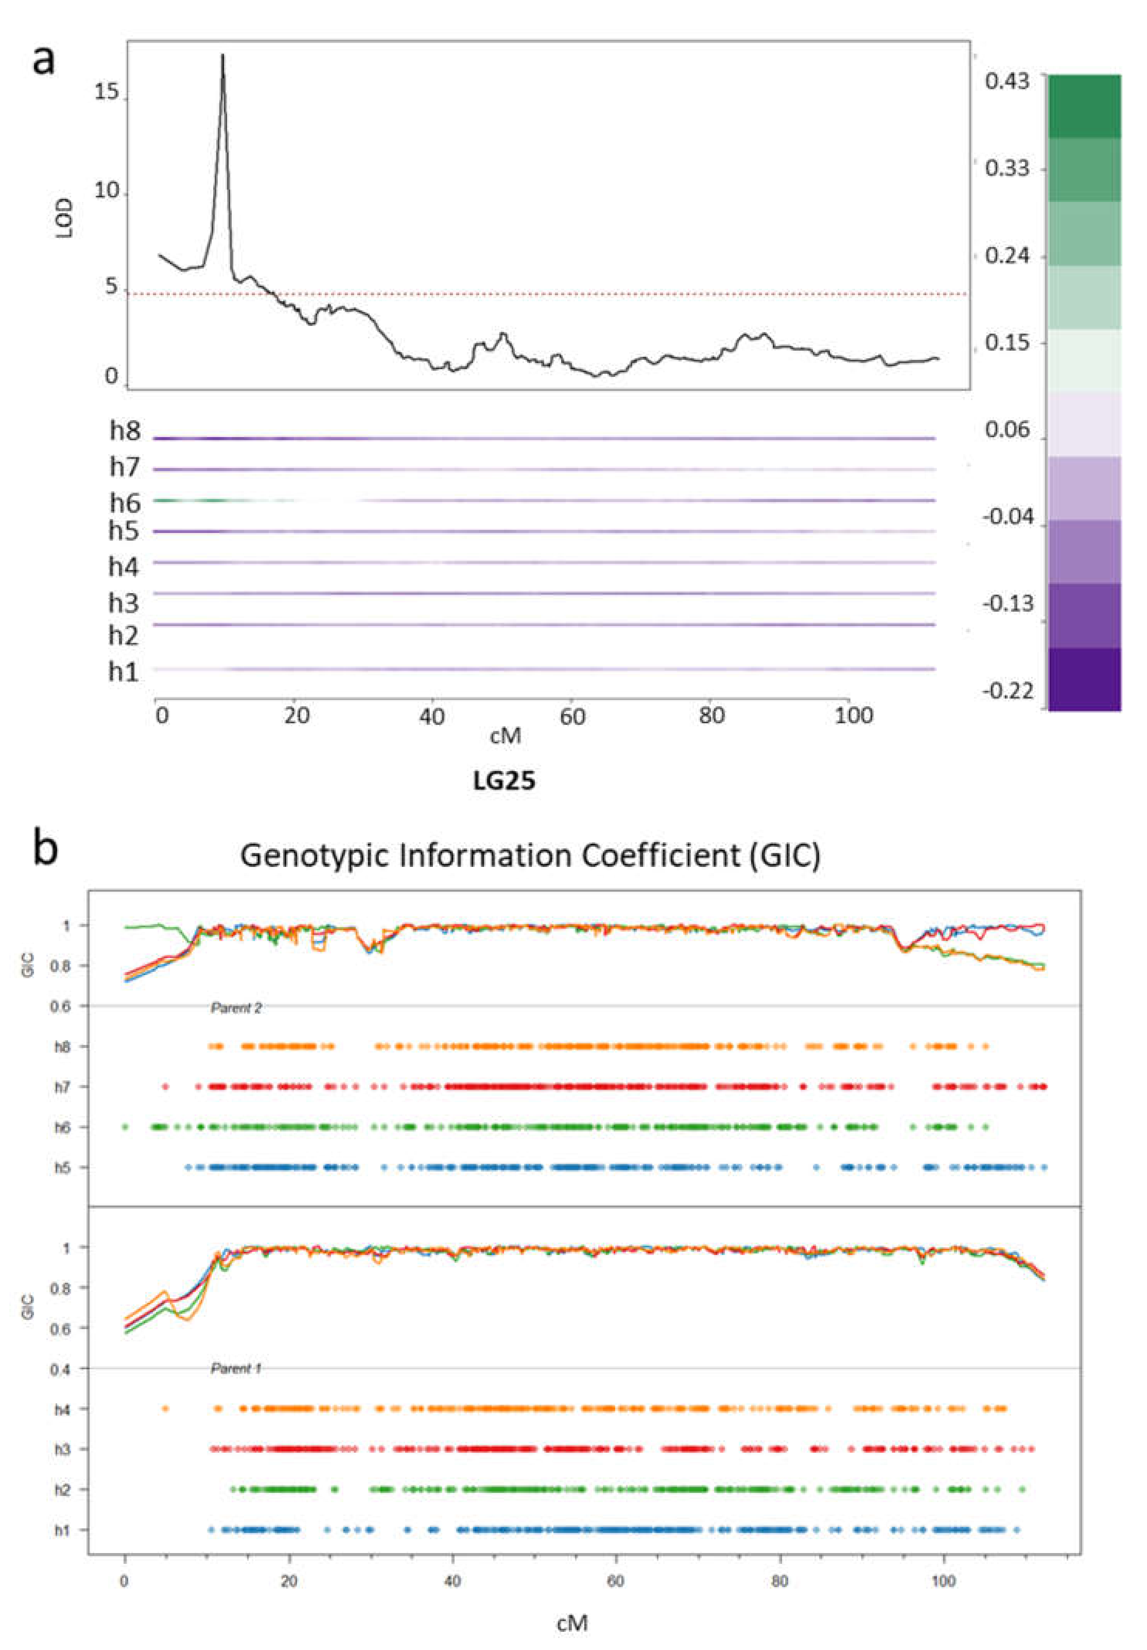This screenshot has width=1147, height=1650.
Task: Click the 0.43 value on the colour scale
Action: (1006, 80)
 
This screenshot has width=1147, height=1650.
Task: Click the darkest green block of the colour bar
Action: (1084, 106)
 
